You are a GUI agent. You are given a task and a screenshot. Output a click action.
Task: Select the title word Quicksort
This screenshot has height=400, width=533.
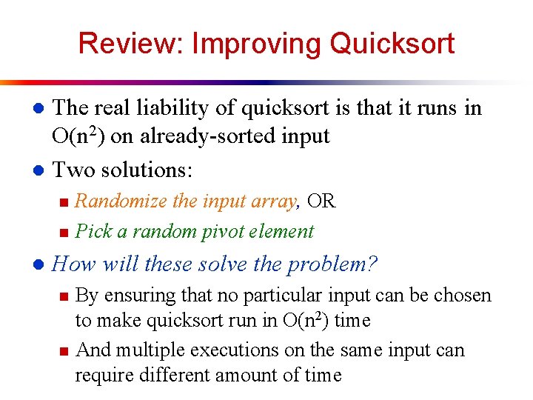click(392, 44)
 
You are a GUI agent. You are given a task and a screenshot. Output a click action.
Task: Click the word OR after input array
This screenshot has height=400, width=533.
click(321, 201)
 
